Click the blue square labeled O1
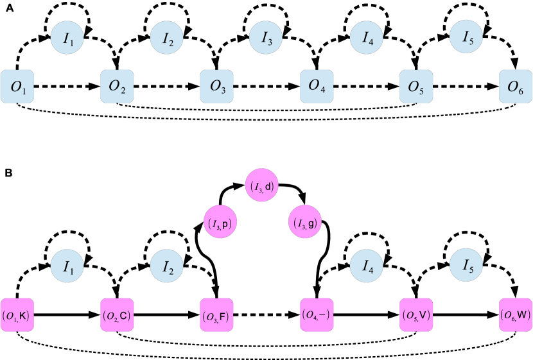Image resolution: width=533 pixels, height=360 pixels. pos(17,87)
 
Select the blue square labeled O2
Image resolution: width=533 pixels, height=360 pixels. pos(117,87)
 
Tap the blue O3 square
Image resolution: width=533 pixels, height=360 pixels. pos(217,87)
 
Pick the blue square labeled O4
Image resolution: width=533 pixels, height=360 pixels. pos(317,87)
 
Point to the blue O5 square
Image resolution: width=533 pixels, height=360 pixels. pos(416,87)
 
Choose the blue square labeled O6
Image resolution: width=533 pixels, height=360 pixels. pos(516,87)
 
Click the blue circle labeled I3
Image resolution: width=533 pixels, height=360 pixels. pos(266,38)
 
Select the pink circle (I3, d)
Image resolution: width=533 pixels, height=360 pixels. pos(262,187)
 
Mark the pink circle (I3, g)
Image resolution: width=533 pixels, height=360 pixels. pos(304,223)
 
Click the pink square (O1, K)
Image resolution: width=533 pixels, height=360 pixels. pos(17,315)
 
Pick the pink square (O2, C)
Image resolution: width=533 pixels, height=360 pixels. pos(117,315)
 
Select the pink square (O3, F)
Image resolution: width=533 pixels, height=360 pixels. pos(217,315)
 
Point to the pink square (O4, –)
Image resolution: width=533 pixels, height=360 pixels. pos(317,315)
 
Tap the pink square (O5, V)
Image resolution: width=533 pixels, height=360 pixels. pos(416,315)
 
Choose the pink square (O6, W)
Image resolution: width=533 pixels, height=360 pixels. pos(516,315)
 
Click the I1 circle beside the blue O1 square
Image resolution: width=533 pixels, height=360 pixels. pos(67,38)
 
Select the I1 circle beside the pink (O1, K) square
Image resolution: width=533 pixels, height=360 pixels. pos(67,266)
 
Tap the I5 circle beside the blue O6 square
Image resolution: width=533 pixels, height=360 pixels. pos(466,38)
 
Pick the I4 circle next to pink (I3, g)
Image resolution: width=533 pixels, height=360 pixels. pos(367,266)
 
